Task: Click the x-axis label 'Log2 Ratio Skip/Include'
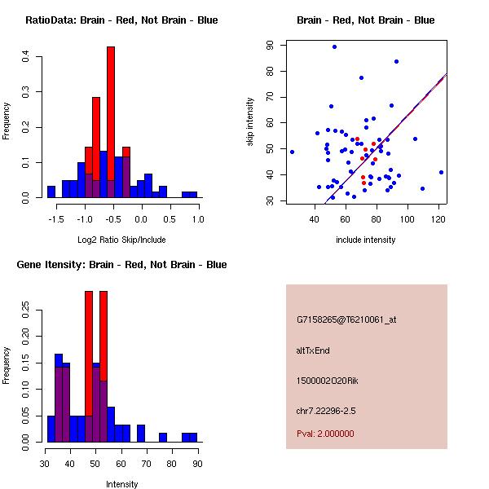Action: point(121,240)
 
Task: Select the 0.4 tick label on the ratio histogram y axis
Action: point(26,57)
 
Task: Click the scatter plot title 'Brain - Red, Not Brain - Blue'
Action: point(365,20)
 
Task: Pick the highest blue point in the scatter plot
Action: point(334,46)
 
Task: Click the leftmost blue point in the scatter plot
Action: point(292,152)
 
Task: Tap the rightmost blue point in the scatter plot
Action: point(441,172)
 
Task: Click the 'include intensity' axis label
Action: point(365,240)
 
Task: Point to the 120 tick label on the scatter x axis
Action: point(438,219)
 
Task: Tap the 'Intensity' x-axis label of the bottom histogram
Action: point(121,484)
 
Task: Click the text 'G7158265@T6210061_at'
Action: point(346,320)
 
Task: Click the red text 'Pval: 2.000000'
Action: point(325,434)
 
